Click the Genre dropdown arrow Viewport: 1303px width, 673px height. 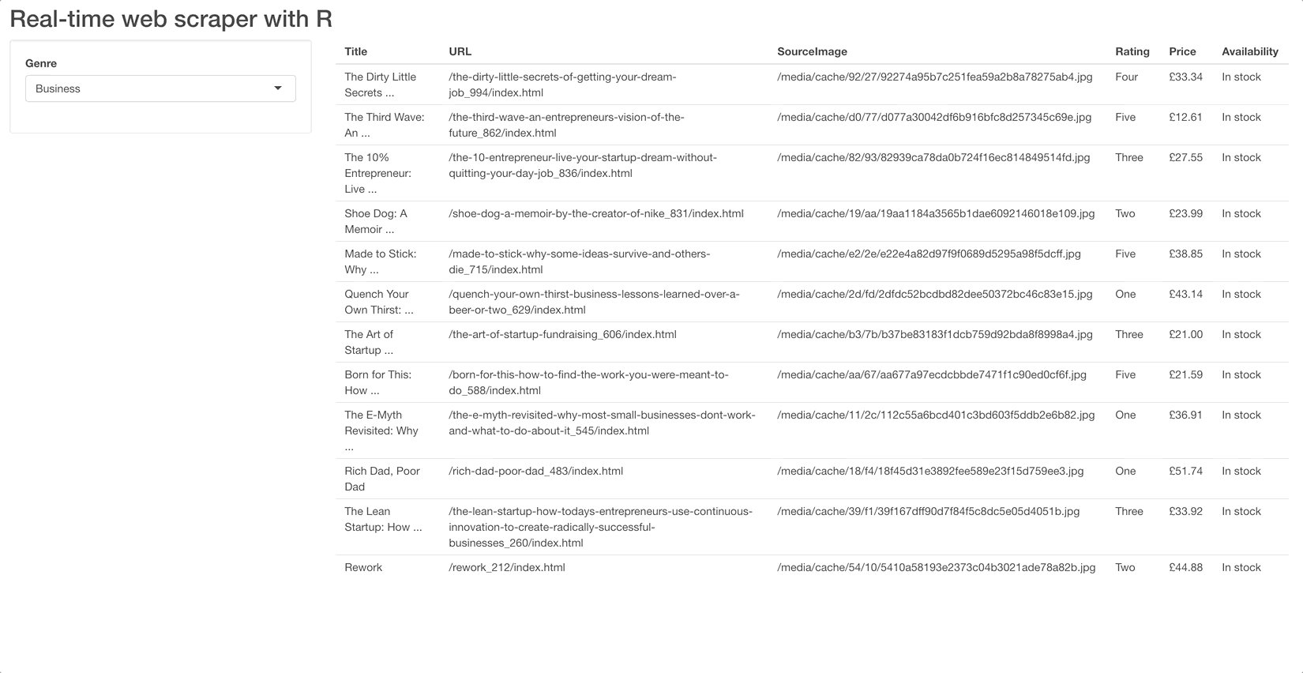pos(278,88)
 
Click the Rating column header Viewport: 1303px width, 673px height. pos(1132,51)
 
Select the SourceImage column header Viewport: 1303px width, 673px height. pos(812,51)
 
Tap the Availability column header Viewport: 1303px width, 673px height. pos(1249,51)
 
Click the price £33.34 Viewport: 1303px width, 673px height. pos(1185,77)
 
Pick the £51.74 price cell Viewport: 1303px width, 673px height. pos(1185,471)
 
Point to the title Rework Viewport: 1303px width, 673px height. pos(363,567)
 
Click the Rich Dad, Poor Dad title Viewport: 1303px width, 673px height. pos(382,479)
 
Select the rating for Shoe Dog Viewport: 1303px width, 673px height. pos(1125,213)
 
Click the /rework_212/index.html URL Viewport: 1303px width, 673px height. pos(507,567)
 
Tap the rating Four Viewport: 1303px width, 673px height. pos(1126,77)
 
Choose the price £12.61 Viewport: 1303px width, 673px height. pos(1185,117)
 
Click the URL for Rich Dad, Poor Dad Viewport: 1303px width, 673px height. pos(535,471)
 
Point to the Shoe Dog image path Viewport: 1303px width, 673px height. pos(936,213)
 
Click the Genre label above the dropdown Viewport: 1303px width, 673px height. pos(41,63)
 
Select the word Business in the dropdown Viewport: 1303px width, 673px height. pos(58,88)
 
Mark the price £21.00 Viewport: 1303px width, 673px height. pos(1185,334)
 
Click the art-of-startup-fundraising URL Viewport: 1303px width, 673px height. pos(562,334)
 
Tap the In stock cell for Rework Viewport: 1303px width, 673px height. pos(1241,567)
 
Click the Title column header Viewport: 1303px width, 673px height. pos(355,51)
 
